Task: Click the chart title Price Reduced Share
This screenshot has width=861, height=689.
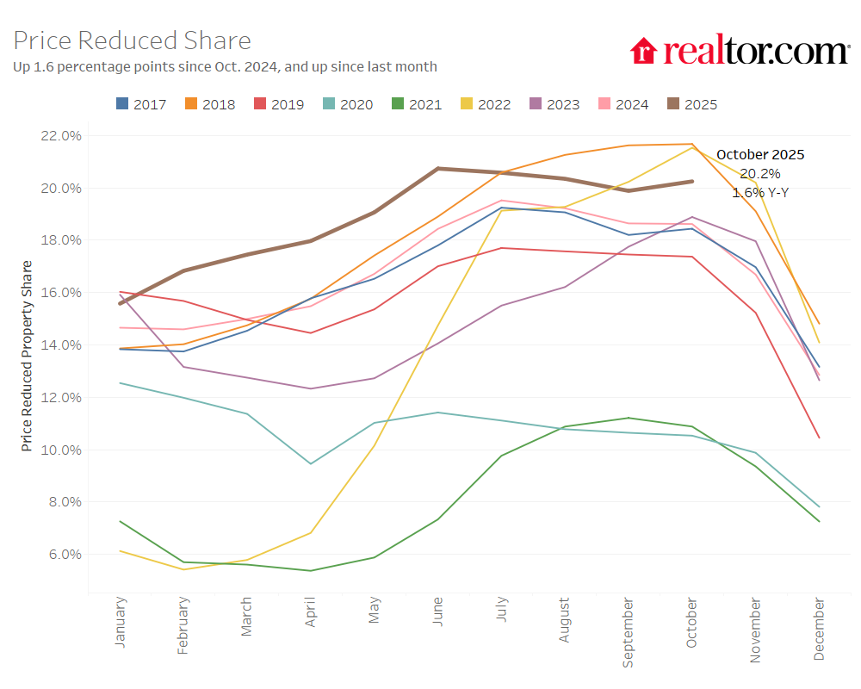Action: [x=133, y=40]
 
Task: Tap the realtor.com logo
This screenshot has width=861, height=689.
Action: [x=740, y=51]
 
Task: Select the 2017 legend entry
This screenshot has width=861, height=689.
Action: [x=141, y=104]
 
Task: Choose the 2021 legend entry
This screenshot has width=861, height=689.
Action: [x=417, y=104]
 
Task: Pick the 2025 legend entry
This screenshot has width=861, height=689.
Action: [x=692, y=104]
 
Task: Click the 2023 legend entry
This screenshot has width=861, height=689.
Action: [x=554, y=104]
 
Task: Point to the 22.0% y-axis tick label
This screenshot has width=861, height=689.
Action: [x=60, y=136]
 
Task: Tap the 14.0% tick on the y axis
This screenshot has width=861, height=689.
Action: [x=60, y=345]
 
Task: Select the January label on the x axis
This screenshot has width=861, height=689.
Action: [x=120, y=621]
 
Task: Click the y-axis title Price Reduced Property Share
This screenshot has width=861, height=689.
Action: [x=27, y=356]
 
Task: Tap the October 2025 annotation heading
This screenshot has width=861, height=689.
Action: [x=760, y=155]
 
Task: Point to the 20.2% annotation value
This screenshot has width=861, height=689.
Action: [x=760, y=174]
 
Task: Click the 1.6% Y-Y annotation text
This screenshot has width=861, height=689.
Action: [x=760, y=193]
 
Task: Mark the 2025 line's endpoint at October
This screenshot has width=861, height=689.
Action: [x=692, y=181]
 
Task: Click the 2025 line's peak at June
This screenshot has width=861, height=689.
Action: [x=438, y=169]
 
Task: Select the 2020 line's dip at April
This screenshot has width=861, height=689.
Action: [x=311, y=463]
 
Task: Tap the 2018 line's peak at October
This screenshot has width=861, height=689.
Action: [x=692, y=144]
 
